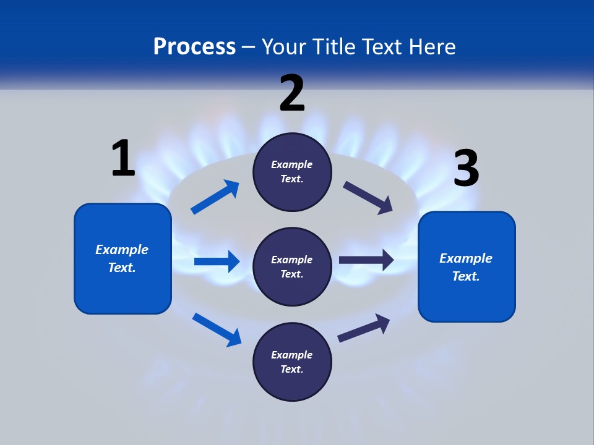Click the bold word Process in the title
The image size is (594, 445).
(x=194, y=47)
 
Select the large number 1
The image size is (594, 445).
(x=123, y=158)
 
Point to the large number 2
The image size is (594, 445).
(x=292, y=93)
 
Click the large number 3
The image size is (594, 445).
(x=466, y=168)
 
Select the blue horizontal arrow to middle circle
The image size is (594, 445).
(x=217, y=261)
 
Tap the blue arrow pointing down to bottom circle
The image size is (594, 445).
(x=217, y=329)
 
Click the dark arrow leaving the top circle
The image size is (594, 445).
(x=368, y=197)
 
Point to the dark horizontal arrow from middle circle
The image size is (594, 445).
(x=366, y=260)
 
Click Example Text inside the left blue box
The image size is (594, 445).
(x=122, y=258)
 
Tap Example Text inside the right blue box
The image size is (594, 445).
(x=466, y=267)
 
